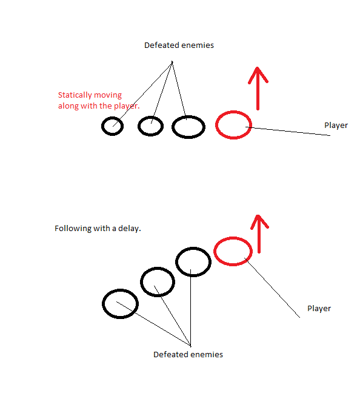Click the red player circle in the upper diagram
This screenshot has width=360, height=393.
click(x=233, y=125)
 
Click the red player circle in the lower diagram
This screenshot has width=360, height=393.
click(x=233, y=251)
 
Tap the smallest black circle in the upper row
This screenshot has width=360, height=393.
click(x=112, y=126)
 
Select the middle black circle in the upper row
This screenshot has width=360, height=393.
click(x=150, y=126)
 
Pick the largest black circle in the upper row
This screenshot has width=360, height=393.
click(x=188, y=127)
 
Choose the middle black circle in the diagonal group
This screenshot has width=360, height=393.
click(x=158, y=281)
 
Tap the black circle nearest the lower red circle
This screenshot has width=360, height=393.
click(x=193, y=261)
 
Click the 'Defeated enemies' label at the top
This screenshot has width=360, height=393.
click(x=179, y=45)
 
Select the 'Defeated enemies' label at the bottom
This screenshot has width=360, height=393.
click(x=188, y=354)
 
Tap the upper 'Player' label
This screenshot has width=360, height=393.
click(x=336, y=126)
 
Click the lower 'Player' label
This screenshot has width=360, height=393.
click(x=319, y=308)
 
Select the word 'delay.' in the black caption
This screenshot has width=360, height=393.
click(x=129, y=229)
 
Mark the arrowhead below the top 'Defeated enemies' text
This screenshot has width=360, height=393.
click(x=172, y=62)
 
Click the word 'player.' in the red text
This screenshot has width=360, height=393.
click(x=127, y=106)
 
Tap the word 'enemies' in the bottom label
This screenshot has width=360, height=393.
click(x=207, y=354)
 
